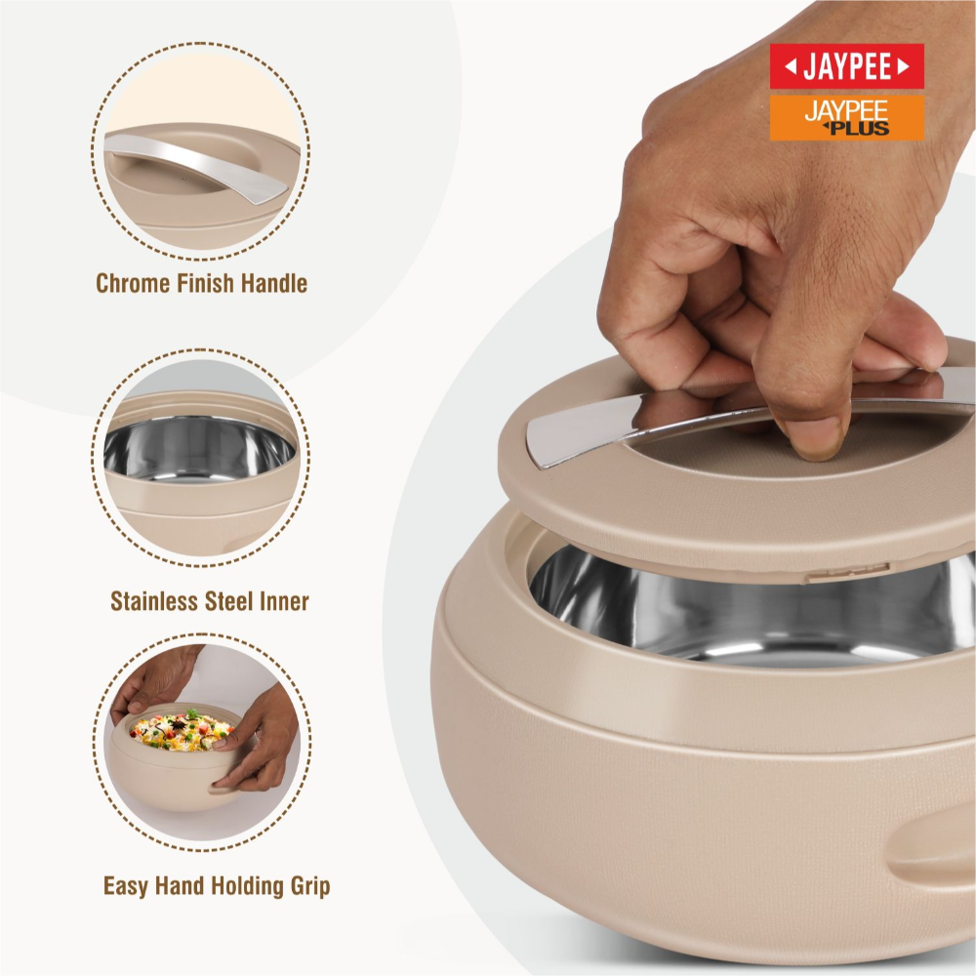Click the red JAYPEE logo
846,66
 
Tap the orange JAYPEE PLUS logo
846,118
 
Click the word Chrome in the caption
133,283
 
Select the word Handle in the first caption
274,283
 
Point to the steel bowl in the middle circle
199,447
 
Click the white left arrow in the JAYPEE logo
791,66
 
